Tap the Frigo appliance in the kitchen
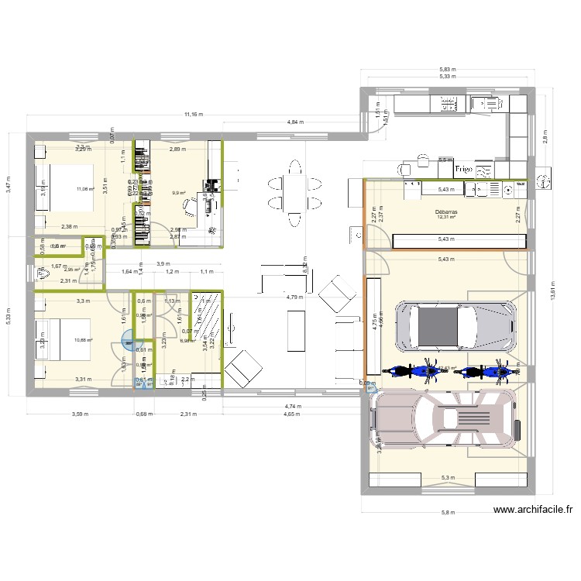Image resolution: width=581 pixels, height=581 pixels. click(x=463, y=167)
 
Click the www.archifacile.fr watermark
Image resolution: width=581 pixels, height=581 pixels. click(x=534, y=510)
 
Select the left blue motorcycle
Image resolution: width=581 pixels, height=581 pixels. click(x=411, y=371)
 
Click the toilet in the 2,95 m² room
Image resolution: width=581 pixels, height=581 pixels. click(x=40, y=273)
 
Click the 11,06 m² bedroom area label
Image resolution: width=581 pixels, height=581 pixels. click(x=84, y=188)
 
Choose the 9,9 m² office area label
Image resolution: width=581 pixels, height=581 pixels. click(x=179, y=193)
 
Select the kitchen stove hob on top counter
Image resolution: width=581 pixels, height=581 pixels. click(x=447, y=103)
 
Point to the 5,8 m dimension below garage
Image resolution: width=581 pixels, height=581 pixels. click(x=448, y=513)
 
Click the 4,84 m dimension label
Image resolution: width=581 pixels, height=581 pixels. click(x=295, y=122)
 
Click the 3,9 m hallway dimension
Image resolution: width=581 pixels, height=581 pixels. click(x=163, y=263)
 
